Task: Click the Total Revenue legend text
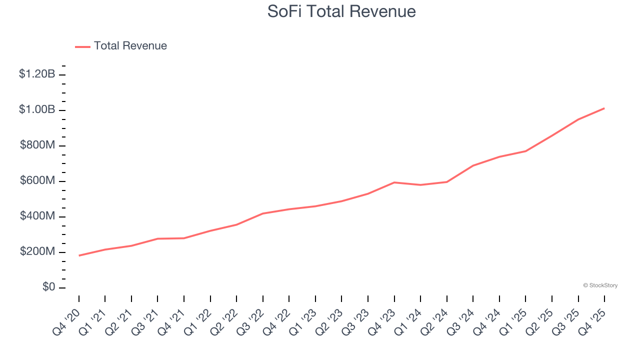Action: (x=130, y=46)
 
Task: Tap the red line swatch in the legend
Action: (x=82, y=46)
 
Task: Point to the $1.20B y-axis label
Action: (x=37, y=74)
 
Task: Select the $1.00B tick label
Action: (x=37, y=109)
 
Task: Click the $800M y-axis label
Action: (x=37, y=145)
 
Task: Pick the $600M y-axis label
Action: (x=37, y=180)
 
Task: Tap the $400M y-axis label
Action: (x=37, y=216)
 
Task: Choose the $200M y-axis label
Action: (x=37, y=251)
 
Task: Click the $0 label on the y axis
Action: (x=48, y=287)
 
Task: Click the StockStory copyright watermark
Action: (x=600, y=285)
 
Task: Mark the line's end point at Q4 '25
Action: (x=604, y=108)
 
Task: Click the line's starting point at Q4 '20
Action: (x=79, y=255)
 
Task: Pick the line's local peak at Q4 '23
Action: (x=394, y=182)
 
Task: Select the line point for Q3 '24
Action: (x=473, y=165)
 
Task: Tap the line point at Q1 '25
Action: (x=525, y=151)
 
